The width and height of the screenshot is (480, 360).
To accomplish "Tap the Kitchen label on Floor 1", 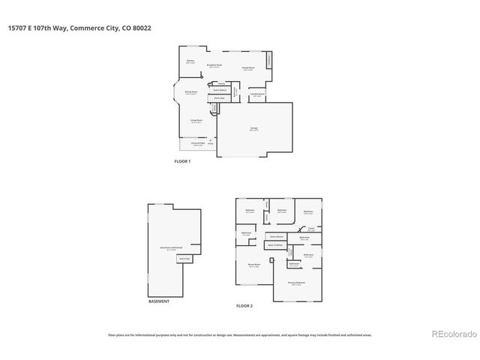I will [190, 61].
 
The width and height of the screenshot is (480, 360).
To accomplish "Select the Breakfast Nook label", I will [214, 66].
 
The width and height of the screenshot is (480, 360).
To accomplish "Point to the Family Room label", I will [247, 68].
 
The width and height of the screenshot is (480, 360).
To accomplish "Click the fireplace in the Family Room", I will [270, 59].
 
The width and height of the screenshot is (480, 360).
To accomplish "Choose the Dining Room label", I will [191, 92].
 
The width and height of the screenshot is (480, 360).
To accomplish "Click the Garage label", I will [254, 128].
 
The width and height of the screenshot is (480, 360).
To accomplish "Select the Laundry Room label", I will [257, 94].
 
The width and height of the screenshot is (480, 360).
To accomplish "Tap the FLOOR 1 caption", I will [182, 161].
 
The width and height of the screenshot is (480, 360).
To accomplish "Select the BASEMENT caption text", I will [158, 301].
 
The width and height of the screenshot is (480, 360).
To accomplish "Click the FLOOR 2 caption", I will [244, 306].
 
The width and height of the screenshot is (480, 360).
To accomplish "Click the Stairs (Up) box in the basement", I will [184, 259].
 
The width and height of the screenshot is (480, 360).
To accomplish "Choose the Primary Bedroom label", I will [296, 282].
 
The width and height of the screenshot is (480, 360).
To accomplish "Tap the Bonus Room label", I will [253, 265].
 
